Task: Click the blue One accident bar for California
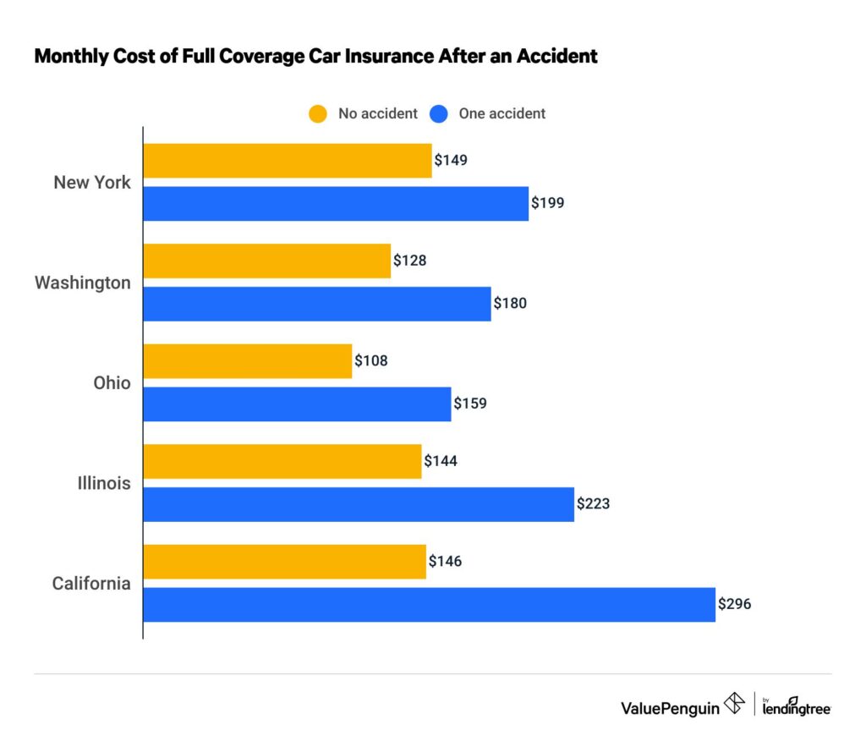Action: pyautogui.click(x=429, y=605)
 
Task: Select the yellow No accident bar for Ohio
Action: pyautogui.click(x=247, y=361)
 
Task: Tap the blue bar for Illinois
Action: pyautogui.click(x=359, y=504)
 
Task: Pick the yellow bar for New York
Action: pyautogui.click(x=288, y=161)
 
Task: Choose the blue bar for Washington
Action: pyautogui.click(x=317, y=304)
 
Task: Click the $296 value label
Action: pyautogui.click(x=735, y=605)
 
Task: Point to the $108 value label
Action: pyautogui.click(x=371, y=361)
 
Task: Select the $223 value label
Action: pyautogui.click(x=593, y=504)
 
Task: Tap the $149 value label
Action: pyautogui.click(x=451, y=160)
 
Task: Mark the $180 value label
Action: pyautogui.click(x=510, y=304)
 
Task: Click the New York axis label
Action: pyautogui.click(x=92, y=183)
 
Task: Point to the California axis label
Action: pyautogui.click(x=91, y=584)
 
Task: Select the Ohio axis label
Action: pyautogui.click(x=112, y=383)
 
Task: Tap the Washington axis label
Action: pyautogui.click(x=83, y=283)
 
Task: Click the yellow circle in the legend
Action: pyautogui.click(x=317, y=113)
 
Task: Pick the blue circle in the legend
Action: pyautogui.click(x=438, y=113)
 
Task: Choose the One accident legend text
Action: pyautogui.click(x=502, y=113)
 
